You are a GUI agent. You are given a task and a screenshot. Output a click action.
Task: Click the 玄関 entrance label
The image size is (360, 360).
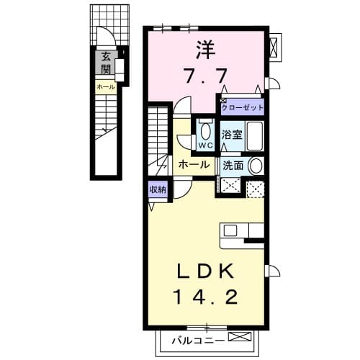106,63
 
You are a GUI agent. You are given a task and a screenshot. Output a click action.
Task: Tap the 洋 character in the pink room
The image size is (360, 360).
206,50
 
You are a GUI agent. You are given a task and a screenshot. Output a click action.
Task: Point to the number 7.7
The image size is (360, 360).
206,76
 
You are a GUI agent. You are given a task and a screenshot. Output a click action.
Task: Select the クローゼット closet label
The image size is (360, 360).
242,107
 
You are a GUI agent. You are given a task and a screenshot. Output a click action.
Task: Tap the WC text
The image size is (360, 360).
206,145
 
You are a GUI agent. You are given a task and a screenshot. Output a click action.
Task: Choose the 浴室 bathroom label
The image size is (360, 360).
232,135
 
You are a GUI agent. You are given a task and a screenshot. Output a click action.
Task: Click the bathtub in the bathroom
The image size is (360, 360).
255,136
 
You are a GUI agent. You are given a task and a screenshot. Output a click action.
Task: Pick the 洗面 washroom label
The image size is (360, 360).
233,166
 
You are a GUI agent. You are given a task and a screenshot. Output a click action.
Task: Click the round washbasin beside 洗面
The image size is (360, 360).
256,166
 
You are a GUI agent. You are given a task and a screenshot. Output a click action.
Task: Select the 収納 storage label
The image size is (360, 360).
158,189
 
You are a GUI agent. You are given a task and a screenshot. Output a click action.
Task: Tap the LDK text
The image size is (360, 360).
205,271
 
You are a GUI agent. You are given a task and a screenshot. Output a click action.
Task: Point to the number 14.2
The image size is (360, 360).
207,297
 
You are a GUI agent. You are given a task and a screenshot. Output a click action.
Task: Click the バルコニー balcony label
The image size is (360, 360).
198,340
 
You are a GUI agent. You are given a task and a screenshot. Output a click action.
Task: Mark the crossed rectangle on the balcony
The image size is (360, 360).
240,336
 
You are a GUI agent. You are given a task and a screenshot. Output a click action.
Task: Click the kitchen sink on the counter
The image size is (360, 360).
230,231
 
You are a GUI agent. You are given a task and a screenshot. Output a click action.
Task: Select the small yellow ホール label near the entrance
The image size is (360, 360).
106,87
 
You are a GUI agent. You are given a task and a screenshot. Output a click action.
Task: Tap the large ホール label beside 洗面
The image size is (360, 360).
194,165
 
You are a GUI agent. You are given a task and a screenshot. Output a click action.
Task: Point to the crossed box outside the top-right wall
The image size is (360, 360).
273,48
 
